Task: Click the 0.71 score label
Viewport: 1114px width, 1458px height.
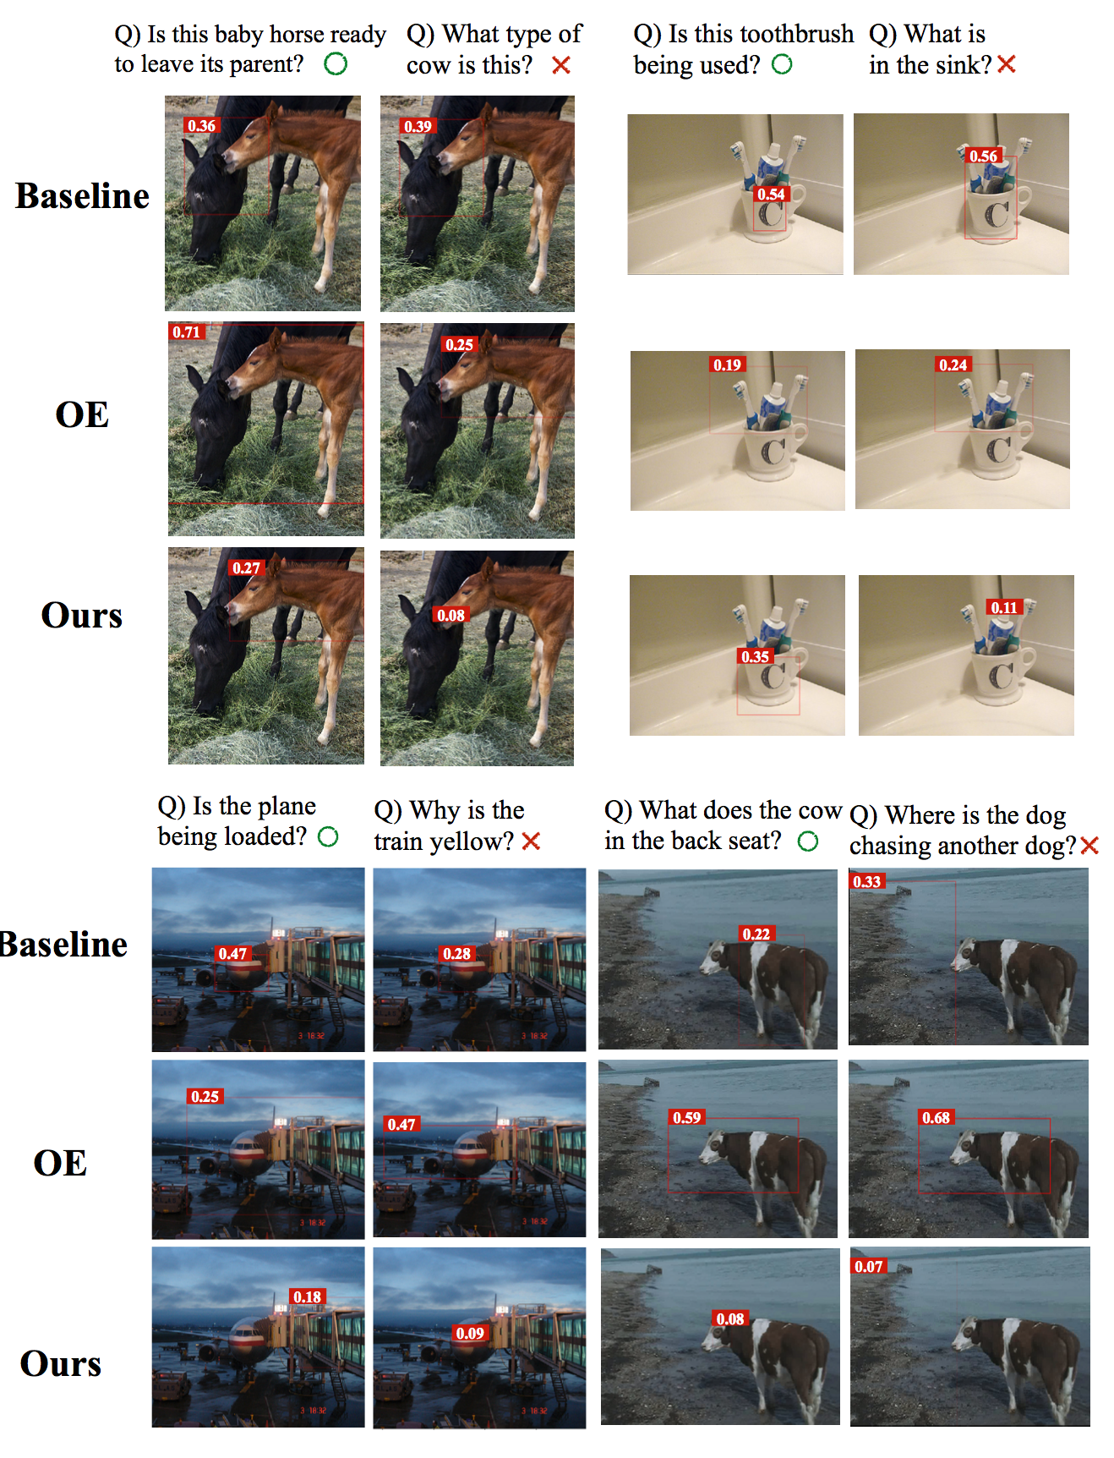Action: click(186, 332)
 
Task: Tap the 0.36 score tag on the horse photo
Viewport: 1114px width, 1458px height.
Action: click(201, 125)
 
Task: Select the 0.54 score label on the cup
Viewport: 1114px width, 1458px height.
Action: click(771, 194)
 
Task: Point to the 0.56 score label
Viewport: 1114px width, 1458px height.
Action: click(983, 156)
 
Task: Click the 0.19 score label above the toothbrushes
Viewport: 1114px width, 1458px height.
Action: click(727, 364)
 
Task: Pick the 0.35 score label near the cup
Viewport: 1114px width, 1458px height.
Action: click(755, 656)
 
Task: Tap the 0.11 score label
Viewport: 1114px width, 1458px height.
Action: click(1004, 607)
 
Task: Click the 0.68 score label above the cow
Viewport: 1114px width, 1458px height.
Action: click(936, 1117)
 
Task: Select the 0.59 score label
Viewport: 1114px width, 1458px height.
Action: click(686, 1117)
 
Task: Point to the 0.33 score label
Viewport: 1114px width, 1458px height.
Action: click(866, 881)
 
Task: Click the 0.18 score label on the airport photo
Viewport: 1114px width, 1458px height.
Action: click(307, 1296)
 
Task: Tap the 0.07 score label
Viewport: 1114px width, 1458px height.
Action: click(868, 1266)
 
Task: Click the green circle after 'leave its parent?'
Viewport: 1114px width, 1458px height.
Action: click(336, 63)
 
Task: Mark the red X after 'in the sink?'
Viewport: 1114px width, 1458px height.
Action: click(1006, 63)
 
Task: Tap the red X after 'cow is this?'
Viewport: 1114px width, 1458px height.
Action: click(560, 64)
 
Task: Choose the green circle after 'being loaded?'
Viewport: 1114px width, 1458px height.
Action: click(328, 836)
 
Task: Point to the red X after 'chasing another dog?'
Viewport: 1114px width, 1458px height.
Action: click(1089, 845)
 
